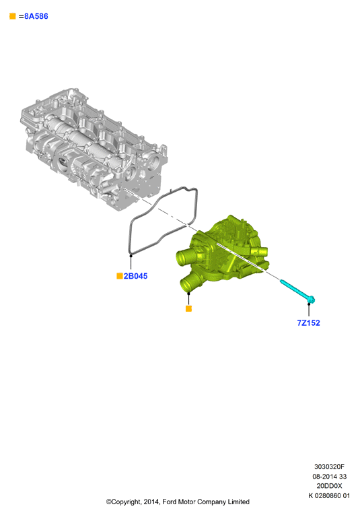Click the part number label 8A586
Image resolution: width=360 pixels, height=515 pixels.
[x=36, y=16]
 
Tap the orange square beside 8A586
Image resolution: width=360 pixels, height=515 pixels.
[x=13, y=16]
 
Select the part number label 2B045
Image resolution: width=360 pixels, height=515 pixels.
[x=135, y=276]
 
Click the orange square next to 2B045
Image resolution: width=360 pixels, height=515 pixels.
[x=120, y=276]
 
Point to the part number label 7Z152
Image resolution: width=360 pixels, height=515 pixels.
[x=308, y=323]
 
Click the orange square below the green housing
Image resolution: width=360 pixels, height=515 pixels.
[x=188, y=308]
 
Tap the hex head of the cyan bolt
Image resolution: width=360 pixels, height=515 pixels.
[x=311, y=300]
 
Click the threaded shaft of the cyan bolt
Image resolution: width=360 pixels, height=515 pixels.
[x=294, y=289]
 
